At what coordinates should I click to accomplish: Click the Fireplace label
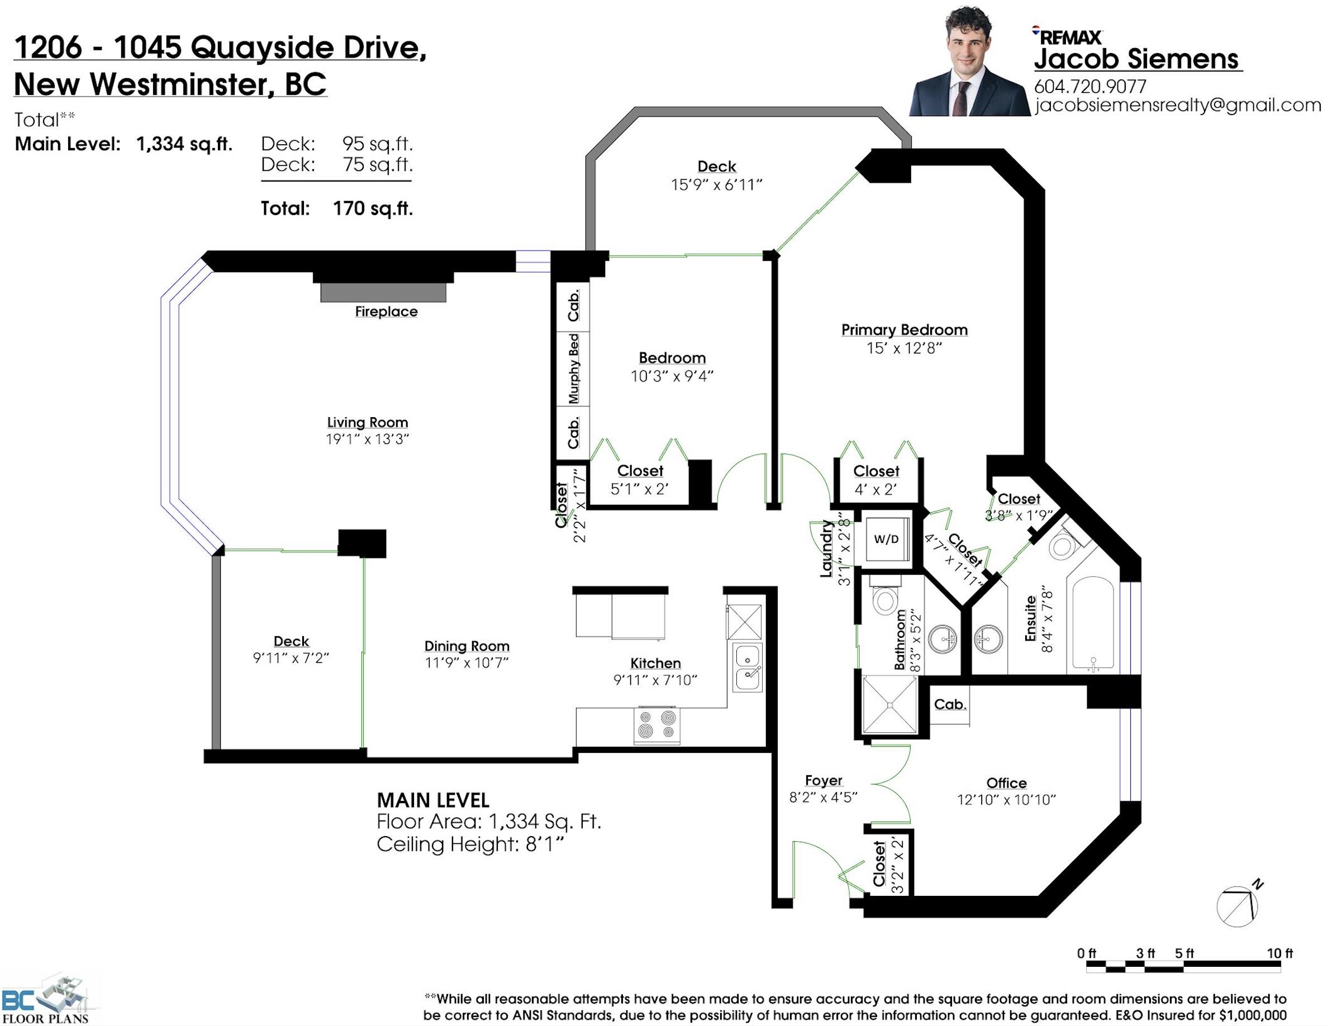386,311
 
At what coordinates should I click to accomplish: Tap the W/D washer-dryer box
887,538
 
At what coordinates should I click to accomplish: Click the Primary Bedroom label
904,330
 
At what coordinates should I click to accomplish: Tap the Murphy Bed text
573,369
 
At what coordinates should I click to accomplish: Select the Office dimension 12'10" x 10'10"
1006,799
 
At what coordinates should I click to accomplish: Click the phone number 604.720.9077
1090,87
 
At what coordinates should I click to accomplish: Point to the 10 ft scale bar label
1279,953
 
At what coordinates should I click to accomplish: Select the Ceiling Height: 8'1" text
470,844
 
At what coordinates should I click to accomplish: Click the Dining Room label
467,646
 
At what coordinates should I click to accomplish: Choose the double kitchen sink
748,667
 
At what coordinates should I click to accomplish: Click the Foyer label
824,780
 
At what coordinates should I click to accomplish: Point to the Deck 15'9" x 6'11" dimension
716,185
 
